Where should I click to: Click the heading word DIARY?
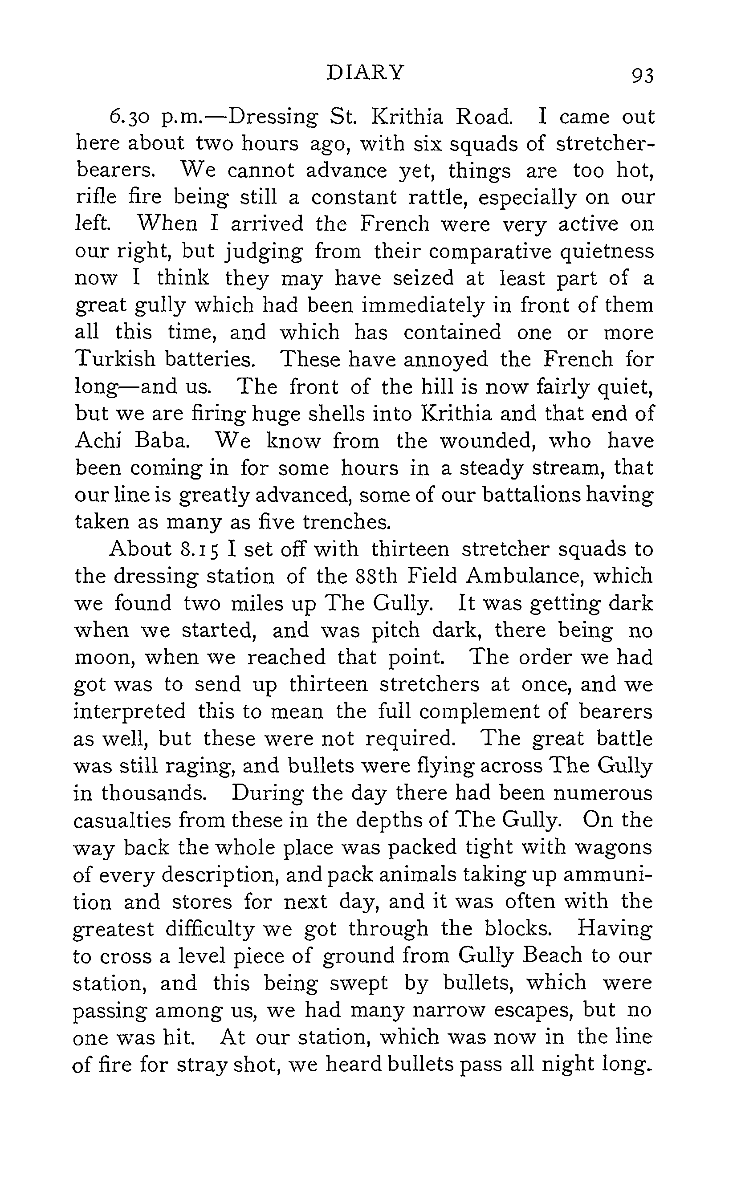click(x=366, y=73)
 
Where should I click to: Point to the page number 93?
click(x=642, y=76)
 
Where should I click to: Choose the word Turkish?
click(x=114, y=360)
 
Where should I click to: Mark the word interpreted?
click(x=130, y=712)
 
